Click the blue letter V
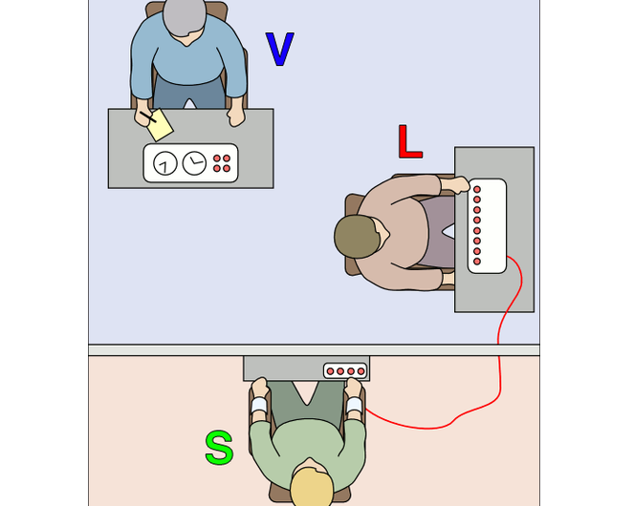click(278, 50)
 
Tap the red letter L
click(409, 141)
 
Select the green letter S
click(219, 448)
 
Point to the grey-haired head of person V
click(186, 16)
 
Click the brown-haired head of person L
click(358, 235)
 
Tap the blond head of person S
click(312, 485)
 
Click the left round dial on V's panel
click(165, 164)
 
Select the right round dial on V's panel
click(194, 163)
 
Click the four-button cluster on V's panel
click(222, 163)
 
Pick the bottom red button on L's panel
click(477, 261)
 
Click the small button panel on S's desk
click(345, 370)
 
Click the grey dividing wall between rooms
click(172, 350)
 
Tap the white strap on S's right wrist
click(355, 405)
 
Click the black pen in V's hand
click(146, 117)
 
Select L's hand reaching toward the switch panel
click(459, 182)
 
